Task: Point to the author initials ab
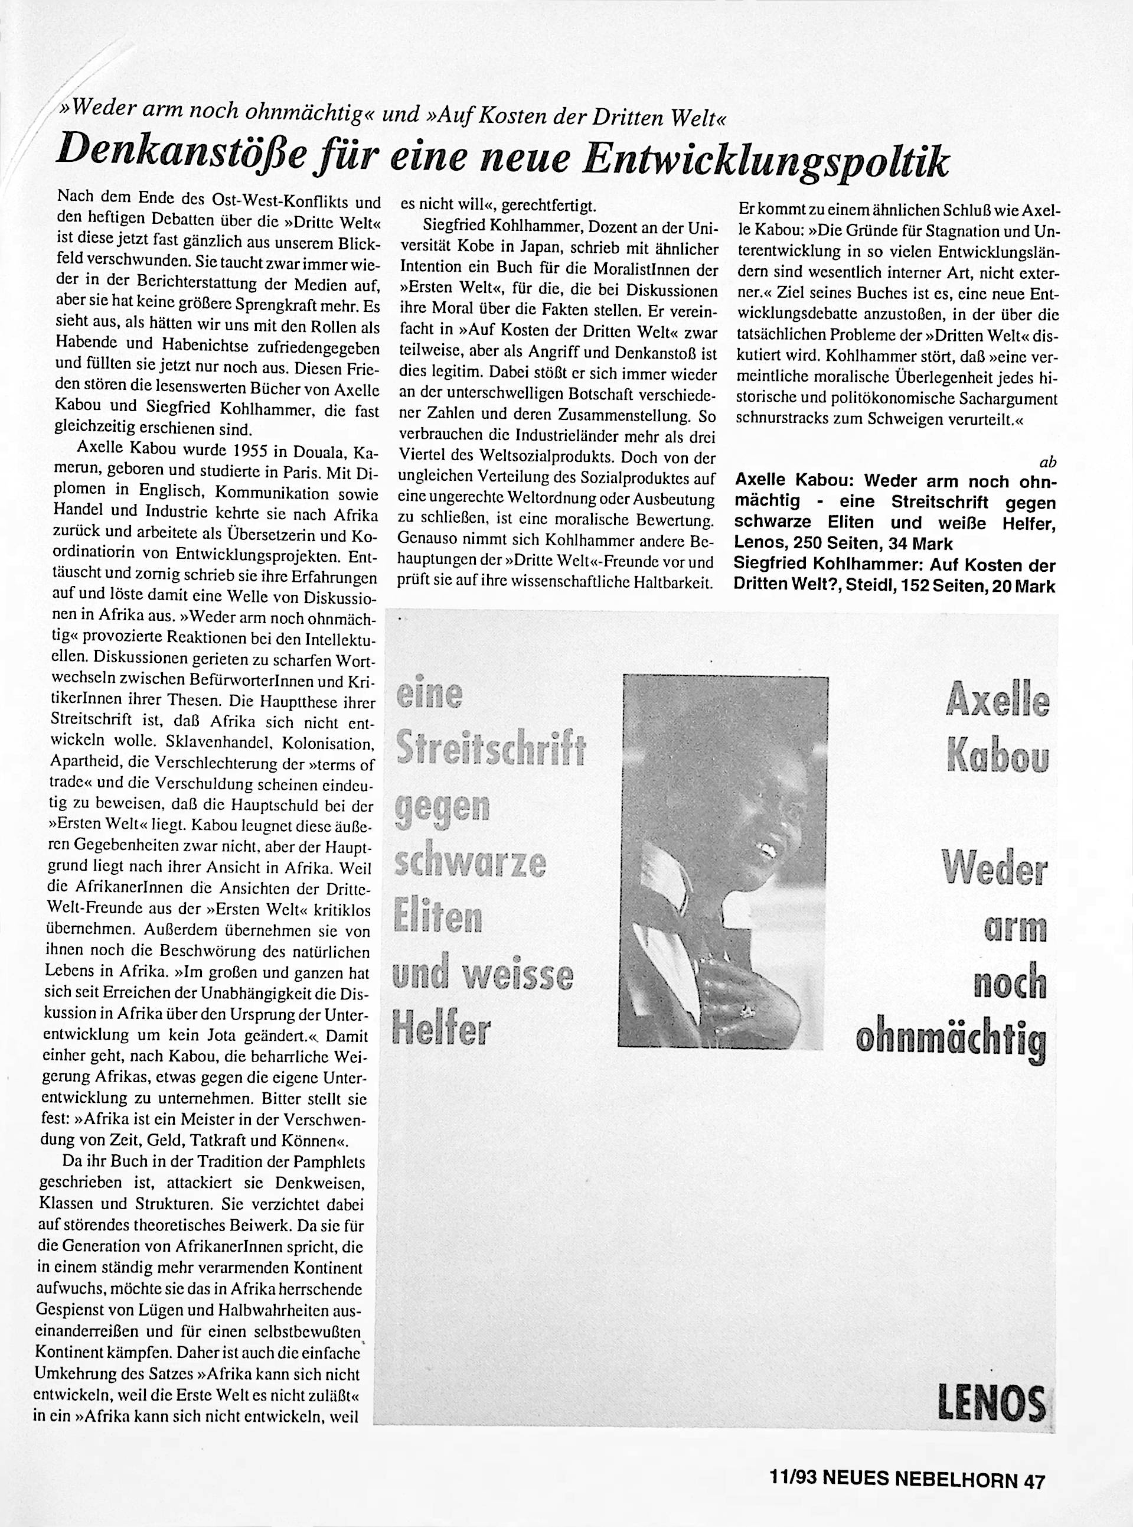[x=1047, y=463]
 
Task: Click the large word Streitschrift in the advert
[x=491, y=750]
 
